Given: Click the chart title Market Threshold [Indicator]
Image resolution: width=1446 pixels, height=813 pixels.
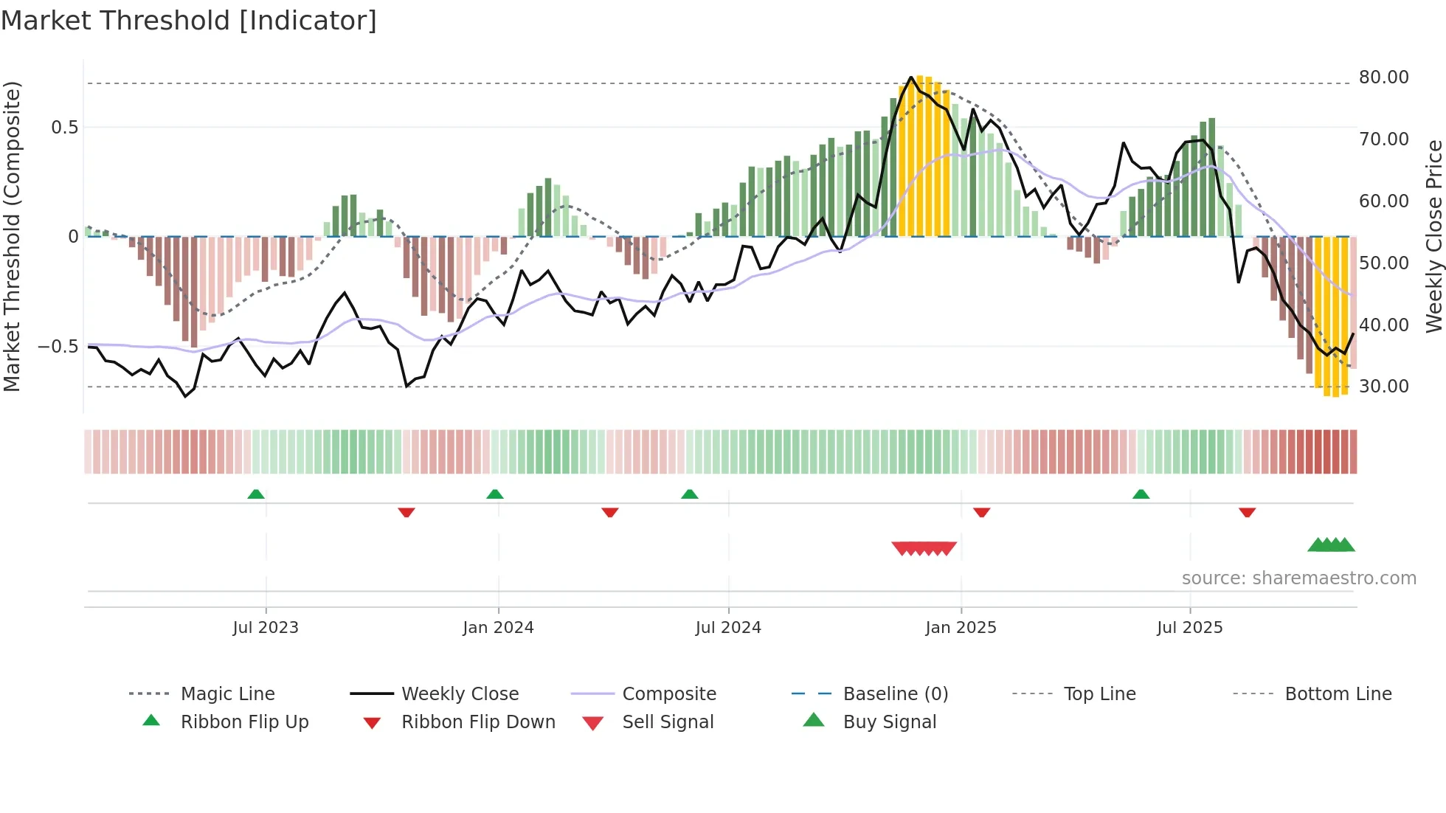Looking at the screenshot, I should click(x=189, y=21).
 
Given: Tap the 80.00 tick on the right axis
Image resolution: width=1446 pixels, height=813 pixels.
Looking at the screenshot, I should click(x=1383, y=77).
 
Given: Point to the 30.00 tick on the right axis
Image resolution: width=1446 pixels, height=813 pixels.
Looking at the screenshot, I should click(x=1383, y=387).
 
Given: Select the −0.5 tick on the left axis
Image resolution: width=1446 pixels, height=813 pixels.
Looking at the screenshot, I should click(x=58, y=347).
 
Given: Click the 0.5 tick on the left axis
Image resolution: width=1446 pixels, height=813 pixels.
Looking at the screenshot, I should click(x=64, y=128).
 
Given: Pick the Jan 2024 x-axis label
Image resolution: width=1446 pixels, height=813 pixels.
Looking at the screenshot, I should click(x=498, y=628).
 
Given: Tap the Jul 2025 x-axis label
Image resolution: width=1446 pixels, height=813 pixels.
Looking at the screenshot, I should click(x=1189, y=628).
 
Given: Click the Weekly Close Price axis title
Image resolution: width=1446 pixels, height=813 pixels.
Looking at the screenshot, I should click(x=1433, y=236).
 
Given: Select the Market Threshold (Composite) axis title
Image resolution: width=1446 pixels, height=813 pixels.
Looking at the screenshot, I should click(x=12, y=236).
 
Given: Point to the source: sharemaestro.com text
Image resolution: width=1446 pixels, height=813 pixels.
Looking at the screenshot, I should click(x=1298, y=578).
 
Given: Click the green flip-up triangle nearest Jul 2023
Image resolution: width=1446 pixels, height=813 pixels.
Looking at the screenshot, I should click(x=256, y=494).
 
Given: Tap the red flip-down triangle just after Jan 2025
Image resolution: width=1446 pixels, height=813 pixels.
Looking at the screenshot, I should click(x=981, y=512).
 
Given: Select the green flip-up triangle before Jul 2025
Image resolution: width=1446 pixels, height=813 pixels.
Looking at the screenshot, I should click(x=1141, y=494).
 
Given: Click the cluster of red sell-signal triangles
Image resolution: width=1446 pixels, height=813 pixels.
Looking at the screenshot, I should click(x=924, y=548).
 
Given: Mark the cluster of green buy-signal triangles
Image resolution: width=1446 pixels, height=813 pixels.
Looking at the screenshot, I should click(x=1331, y=545).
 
